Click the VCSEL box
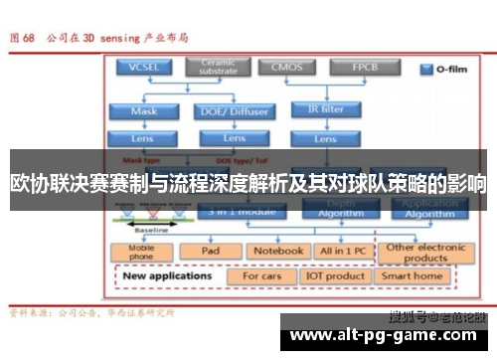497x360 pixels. tap(142, 69)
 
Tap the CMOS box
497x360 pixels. tap(281, 69)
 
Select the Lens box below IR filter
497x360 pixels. tap(326, 139)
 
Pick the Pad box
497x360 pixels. tap(210, 252)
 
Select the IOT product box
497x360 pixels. tap(334, 275)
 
